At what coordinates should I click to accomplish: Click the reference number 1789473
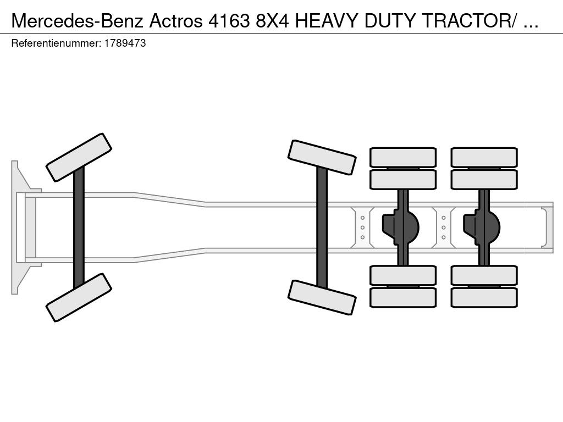coord(125,43)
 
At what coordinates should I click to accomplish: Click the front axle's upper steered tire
coord(79,157)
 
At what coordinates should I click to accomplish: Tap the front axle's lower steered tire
coord(79,297)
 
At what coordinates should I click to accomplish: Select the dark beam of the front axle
coord(79,227)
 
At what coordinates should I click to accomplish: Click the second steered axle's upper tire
coord(322,157)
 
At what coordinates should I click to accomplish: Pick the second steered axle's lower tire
coord(322,297)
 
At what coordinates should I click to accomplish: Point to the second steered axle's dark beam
coord(322,227)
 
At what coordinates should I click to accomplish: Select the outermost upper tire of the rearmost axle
coord(484,157)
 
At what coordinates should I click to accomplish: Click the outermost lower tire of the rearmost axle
coord(484,297)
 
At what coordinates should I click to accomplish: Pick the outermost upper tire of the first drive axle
coord(403,157)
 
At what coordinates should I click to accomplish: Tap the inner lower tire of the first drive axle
coord(403,276)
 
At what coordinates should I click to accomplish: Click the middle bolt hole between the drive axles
coord(444,227)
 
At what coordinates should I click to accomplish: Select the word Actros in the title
coord(176,21)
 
